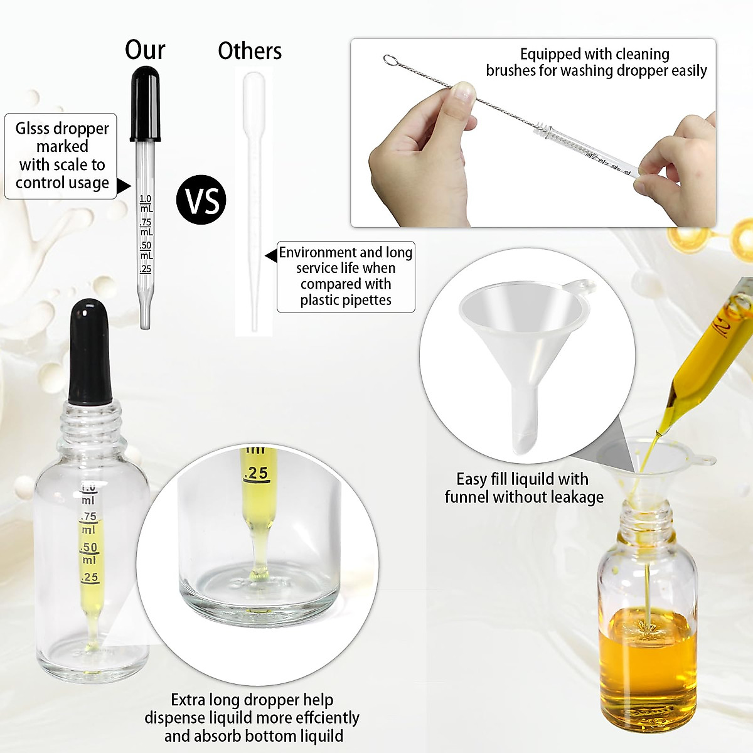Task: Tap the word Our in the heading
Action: coord(145,50)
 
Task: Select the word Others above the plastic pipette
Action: coord(250,51)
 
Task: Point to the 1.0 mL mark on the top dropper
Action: coord(146,203)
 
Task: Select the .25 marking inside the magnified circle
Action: coord(255,473)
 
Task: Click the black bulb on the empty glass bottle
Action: coord(90,351)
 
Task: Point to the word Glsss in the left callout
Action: coord(37,129)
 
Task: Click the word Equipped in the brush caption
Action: coord(549,54)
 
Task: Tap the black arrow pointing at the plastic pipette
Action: coord(271,255)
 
